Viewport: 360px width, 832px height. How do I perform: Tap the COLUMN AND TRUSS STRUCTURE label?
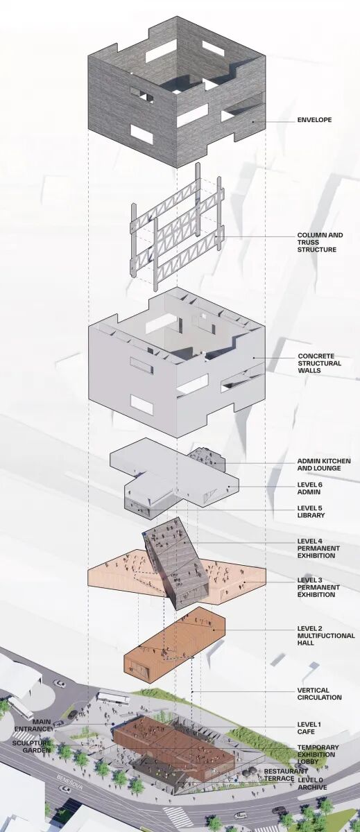pyautogui.click(x=320, y=242)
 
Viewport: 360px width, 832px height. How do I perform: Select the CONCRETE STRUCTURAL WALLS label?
pyautogui.click(x=320, y=363)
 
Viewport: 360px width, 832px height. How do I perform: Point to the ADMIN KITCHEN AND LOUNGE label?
pyautogui.click(x=324, y=465)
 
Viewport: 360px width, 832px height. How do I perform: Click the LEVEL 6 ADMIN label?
pyautogui.click(x=310, y=488)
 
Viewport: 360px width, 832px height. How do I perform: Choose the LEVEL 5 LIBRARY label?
pyautogui.click(x=311, y=512)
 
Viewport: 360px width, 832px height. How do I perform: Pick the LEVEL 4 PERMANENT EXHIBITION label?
pyautogui.click(x=318, y=548)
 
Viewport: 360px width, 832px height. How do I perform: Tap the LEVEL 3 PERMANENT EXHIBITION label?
pyautogui.click(x=318, y=587)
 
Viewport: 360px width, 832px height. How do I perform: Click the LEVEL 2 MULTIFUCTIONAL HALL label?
pyautogui.click(x=326, y=636)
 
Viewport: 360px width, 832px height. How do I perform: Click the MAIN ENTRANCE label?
pyautogui.click(x=33, y=725)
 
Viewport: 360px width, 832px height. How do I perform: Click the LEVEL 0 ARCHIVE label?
pyautogui.click(x=312, y=783)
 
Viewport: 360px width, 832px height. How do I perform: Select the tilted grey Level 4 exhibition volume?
pyautogui.click(x=175, y=564)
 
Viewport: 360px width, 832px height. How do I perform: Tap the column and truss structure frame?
pyautogui.click(x=177, y=227)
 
